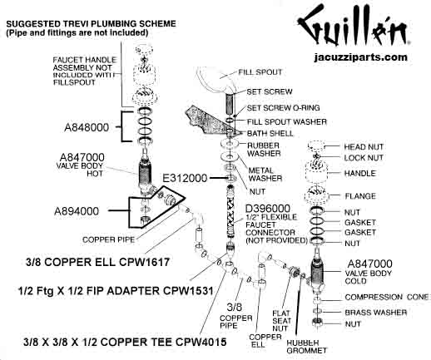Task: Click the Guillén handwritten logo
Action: [353, 26]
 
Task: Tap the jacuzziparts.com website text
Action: [361, 57]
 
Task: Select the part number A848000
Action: [87, 127]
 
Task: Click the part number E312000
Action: [185, 178]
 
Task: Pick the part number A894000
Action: [77, 211]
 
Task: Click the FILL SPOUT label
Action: [260, 72]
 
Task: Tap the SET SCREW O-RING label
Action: [283, 108]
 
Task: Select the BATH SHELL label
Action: [270, 133]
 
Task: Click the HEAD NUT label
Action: [364, 147]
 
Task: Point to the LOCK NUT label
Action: [364, 158]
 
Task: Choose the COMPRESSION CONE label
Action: [387, 297]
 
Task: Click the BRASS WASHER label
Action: [376, 313]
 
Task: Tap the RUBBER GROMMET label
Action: [306, 347]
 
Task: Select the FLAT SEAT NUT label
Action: [282, 321]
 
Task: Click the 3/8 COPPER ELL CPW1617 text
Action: [97, 262]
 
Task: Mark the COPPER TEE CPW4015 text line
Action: [125, 342]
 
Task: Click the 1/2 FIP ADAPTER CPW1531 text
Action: [116, 291]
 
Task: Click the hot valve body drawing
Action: [145, 171]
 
